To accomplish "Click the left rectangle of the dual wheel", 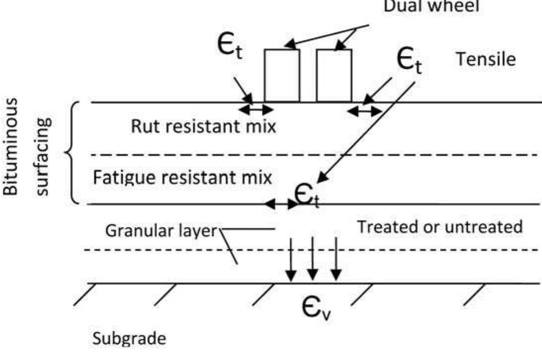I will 282,75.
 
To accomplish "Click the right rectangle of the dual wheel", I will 334,75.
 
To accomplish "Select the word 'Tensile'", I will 486,59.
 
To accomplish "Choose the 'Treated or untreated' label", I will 439,227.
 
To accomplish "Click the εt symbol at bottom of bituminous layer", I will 307,196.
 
